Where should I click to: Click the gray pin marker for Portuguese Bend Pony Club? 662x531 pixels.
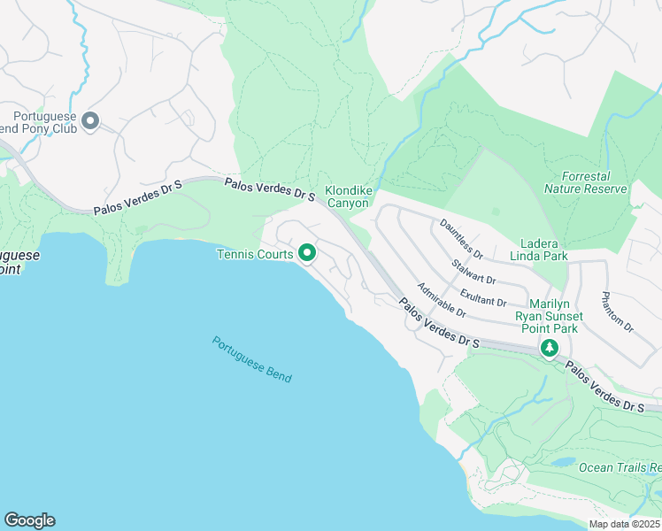[89, 120]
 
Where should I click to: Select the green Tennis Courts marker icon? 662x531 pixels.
[307, 254]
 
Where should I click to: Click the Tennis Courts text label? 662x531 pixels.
[257, 255]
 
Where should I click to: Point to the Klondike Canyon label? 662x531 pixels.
[348, 196]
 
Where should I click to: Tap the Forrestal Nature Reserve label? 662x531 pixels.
[585, 182]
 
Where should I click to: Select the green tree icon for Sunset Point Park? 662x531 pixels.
[550, 349]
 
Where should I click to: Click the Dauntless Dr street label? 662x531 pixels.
[461, 239]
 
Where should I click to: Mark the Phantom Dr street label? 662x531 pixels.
[617, 312]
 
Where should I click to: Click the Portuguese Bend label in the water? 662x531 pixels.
[251, 358]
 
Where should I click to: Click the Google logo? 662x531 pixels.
[29, 520]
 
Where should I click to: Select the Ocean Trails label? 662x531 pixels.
[620, 467]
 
